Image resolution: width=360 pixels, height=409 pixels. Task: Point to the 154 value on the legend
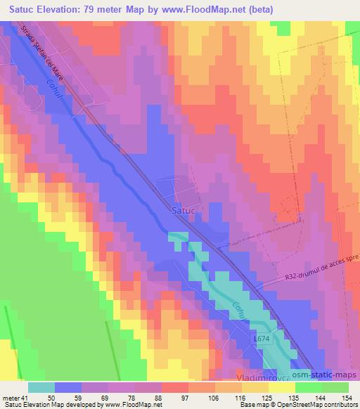tap(347, 398)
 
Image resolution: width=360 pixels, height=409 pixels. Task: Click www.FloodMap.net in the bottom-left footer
tap(134, 405)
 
